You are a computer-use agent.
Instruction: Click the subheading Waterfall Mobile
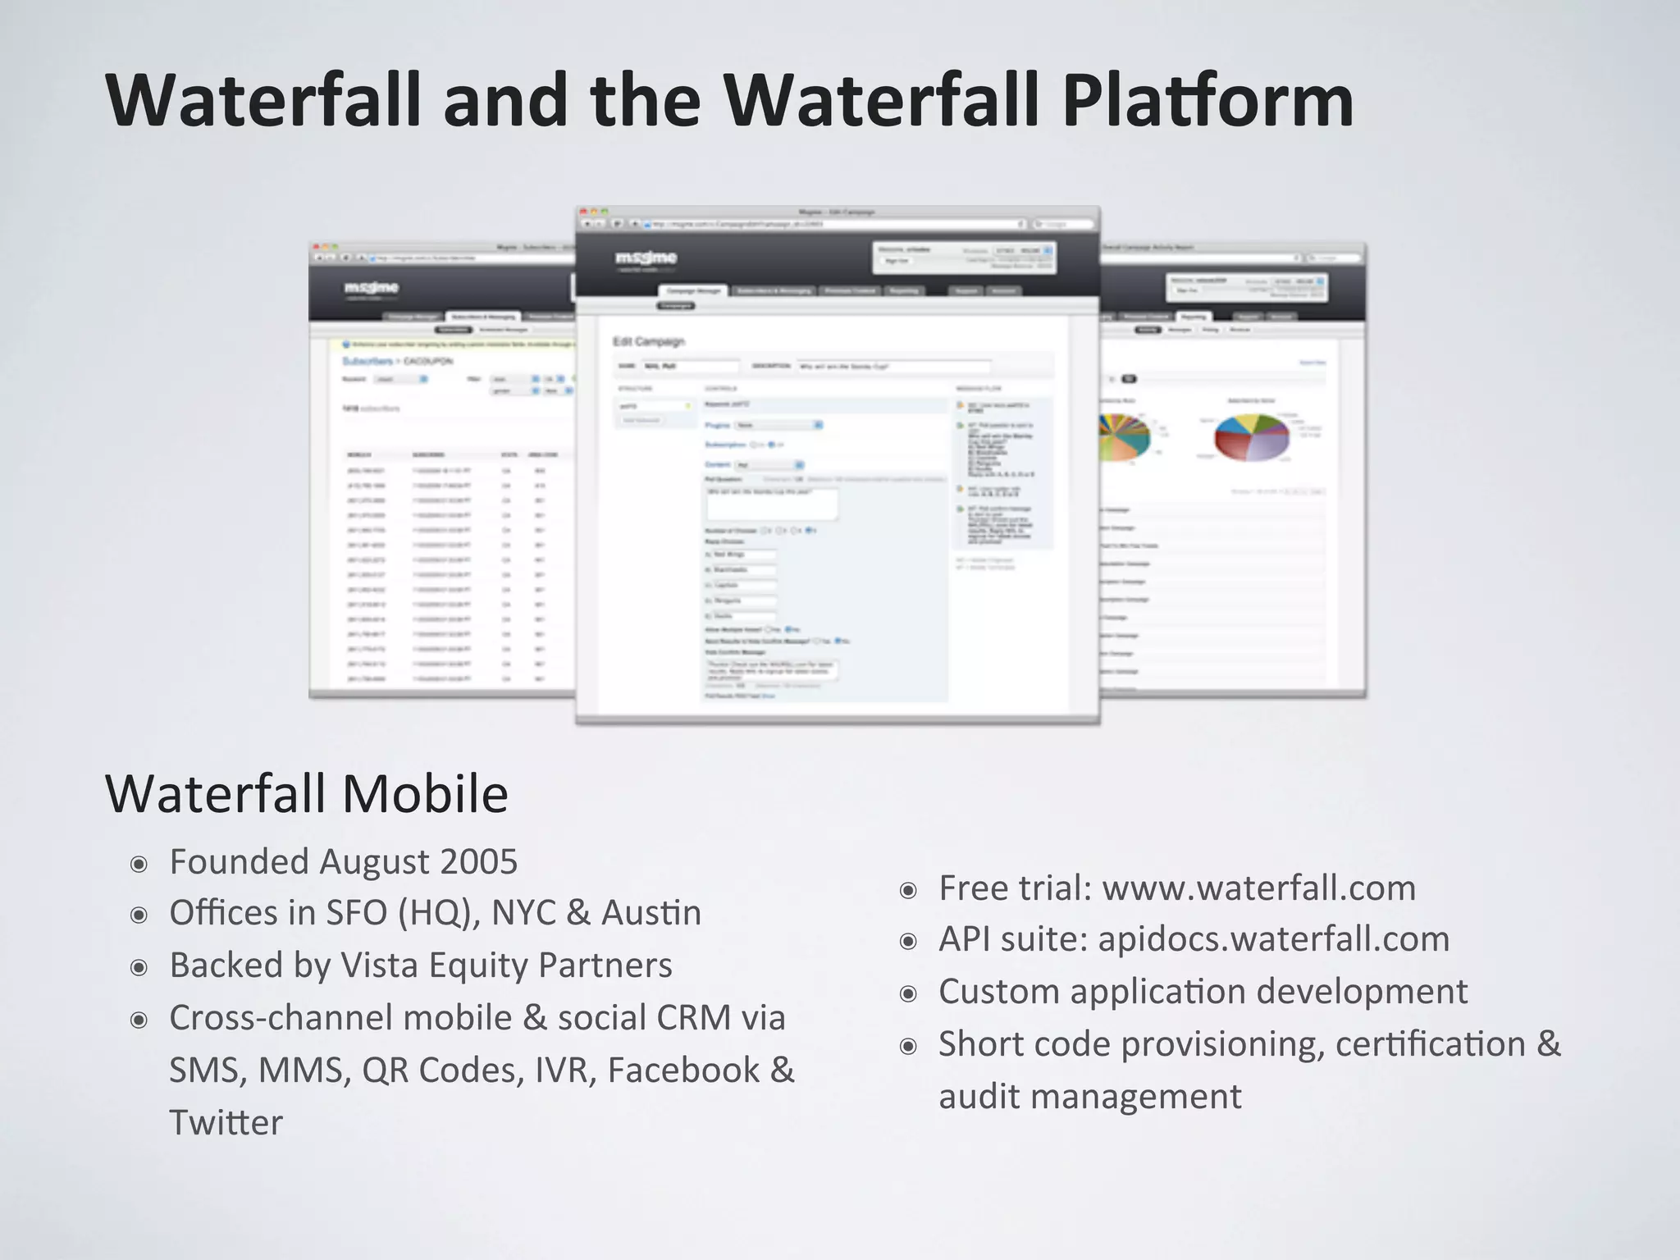(307, 794)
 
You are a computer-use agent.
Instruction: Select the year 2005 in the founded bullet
(478, 862)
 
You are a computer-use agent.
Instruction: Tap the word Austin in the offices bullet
(651, 913)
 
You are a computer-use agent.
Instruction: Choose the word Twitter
(226, 1122)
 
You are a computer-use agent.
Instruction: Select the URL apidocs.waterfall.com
(1273, 939)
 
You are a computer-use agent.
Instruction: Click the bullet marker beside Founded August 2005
(139, 865)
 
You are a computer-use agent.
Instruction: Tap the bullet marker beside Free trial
(908, 891)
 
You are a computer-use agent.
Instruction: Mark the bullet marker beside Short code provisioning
(908, 1047)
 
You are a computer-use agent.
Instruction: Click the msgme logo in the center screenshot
(646, 259)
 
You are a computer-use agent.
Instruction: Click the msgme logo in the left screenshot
(371, 288)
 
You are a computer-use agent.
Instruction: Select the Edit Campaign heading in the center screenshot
(648, 341)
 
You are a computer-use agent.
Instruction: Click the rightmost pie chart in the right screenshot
(1251, 436)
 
